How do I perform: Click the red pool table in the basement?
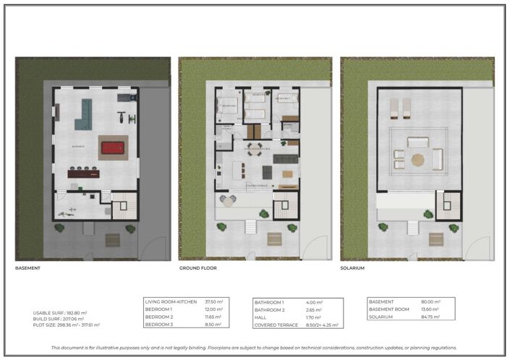click(113, 148)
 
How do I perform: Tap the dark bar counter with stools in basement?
click(85, 173)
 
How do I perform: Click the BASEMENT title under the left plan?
click(27, 268)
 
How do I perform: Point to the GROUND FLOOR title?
click(198, 268)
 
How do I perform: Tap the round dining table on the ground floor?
click(253, 149)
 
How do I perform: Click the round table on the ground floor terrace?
click(229, 200)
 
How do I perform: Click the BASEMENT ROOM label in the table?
click(389, 309)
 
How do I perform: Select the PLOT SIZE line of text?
click(66, 325)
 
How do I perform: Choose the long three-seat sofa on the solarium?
click(418, 142)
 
